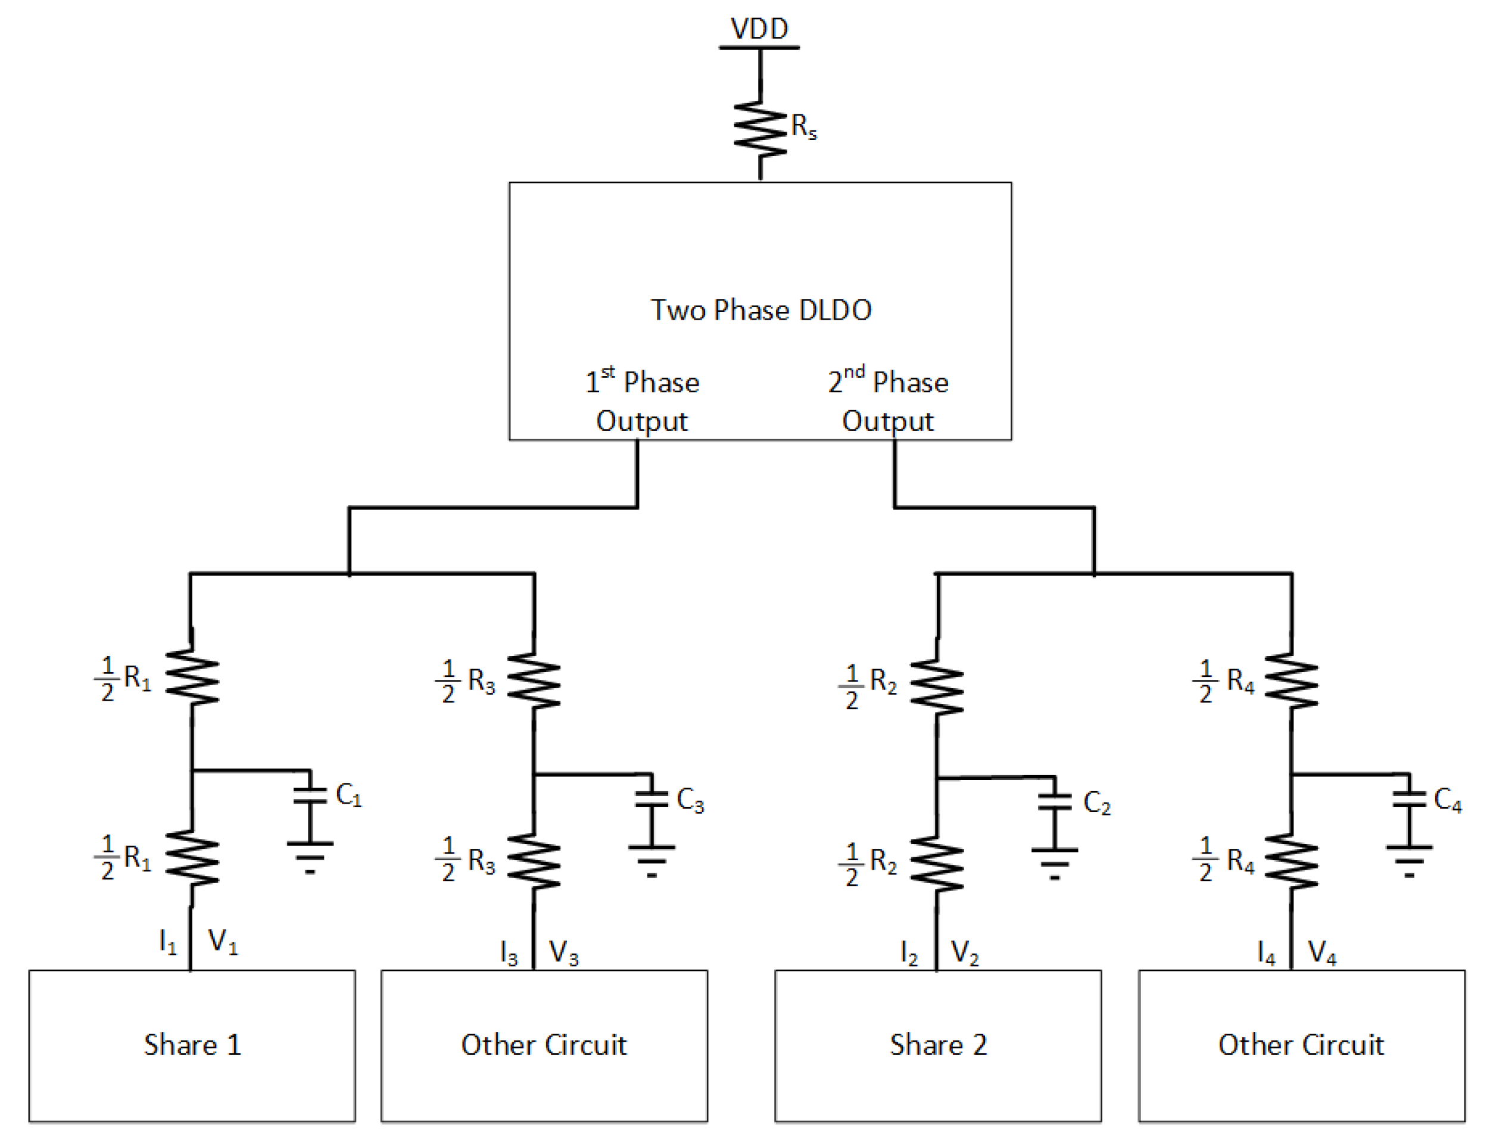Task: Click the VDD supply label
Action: (x=759, y=29)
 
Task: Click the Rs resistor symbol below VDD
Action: (x=760, y=129)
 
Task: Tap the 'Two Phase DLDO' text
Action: (x=760, y=310)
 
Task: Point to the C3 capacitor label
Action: (x=690, y=800)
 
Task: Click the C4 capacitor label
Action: (x=1447, y=800)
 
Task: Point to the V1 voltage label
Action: (x=223, y=941)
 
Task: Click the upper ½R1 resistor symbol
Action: (x=192, y=677)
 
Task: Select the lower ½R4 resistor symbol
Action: (x=1291, y=861)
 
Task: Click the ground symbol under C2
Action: (x=1054, y=863)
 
